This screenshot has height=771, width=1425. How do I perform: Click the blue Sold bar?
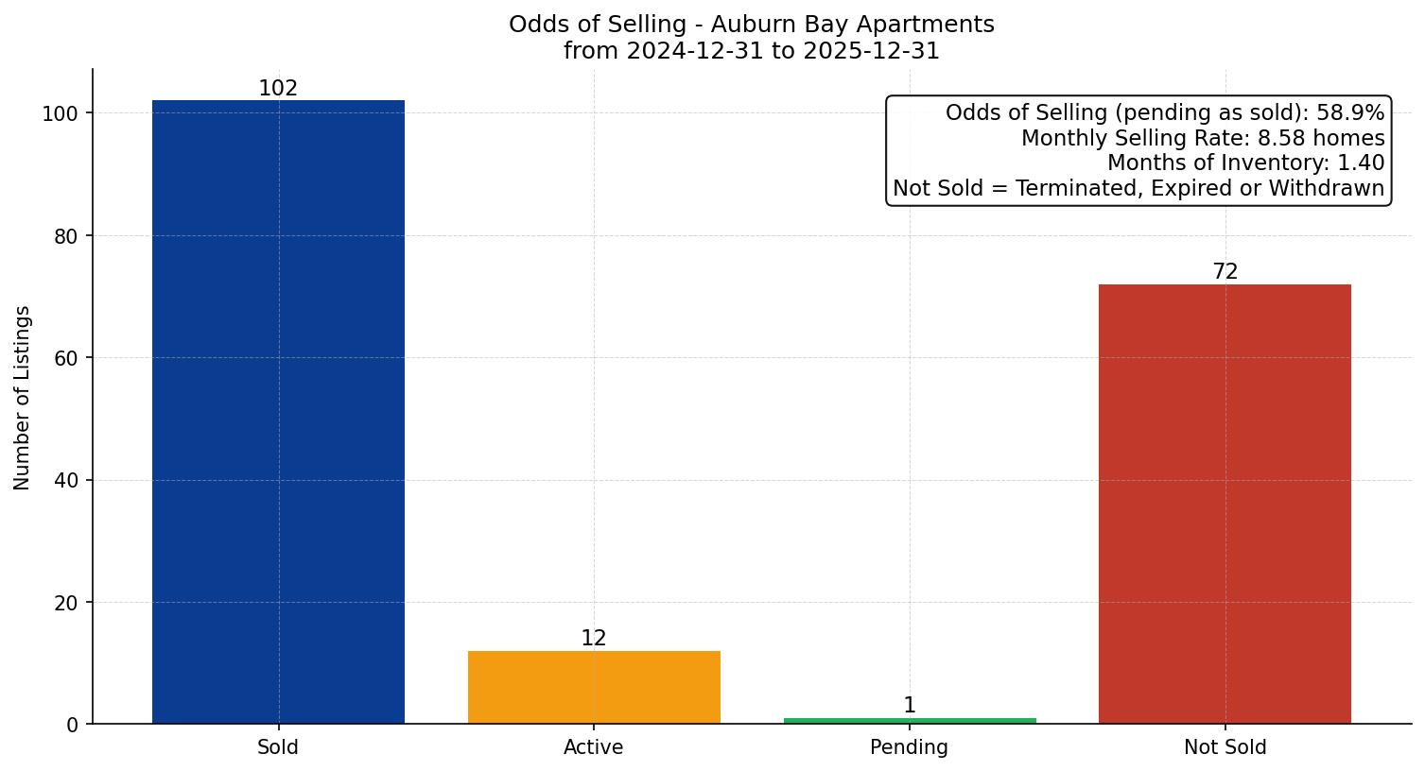pos(278,412)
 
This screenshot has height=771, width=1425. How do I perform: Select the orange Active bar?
pos(594,687)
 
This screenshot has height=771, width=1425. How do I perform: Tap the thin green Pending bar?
pos(910,721)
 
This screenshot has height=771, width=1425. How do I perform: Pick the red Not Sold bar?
pos(1225,504)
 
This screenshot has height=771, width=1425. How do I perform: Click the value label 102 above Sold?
pos(278,89)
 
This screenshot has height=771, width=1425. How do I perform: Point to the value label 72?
pos(1225,272)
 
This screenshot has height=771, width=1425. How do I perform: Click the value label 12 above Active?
pos(594,639)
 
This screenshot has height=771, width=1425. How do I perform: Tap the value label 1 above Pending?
pos(910,706)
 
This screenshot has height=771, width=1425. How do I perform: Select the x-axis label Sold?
pos(278,747)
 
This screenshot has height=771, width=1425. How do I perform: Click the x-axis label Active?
pos(594,747)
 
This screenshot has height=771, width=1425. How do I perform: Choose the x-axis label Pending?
pos(910,747)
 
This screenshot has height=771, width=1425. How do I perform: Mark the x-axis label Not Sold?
pos(1225,747)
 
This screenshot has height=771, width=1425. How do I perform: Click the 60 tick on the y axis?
pos(66,358)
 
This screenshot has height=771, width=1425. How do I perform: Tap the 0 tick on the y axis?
pos(73,725)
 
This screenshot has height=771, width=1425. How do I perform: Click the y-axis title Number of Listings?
pos(23,398)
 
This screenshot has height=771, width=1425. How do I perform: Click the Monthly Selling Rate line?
pos(1203,139)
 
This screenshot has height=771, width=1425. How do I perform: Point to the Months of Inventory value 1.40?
pos(1361,163)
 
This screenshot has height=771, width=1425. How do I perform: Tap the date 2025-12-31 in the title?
pos(871,51)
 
